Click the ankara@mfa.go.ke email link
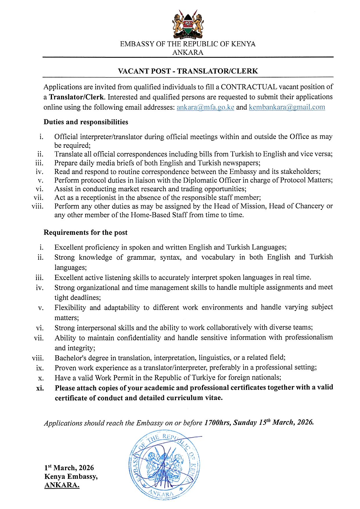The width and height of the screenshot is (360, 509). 205,107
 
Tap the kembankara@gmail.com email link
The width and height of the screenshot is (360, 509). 287,107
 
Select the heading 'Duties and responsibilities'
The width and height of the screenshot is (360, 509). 86,122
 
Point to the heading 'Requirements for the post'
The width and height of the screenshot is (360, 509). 85,232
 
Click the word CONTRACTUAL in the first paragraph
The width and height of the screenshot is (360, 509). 249,87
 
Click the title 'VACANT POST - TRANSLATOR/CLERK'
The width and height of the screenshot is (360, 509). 188,71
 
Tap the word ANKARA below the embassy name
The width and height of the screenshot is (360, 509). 188,53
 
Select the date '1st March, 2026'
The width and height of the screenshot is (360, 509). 69,468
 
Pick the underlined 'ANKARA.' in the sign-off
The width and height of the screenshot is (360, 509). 62,485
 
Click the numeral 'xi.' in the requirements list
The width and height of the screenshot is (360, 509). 40,388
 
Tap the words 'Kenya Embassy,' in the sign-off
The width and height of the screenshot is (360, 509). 71,476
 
